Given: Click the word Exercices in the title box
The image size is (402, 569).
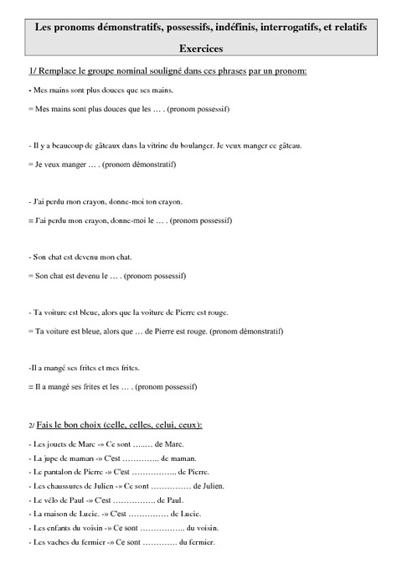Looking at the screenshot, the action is (200, 49).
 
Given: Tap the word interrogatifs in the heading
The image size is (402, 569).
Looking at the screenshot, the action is (285, 27).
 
